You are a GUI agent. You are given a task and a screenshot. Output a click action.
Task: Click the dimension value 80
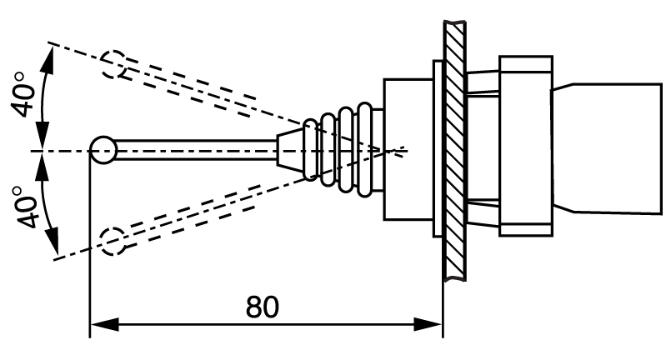pos(263,307)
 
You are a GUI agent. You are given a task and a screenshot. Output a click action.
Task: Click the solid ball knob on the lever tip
pos(103,151)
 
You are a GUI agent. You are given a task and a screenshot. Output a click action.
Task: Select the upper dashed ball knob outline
pos(113,63)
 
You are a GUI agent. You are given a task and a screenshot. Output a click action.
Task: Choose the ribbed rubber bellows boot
pos(342,151)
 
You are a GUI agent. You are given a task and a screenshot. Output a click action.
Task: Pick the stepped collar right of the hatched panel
pos(525,146)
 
